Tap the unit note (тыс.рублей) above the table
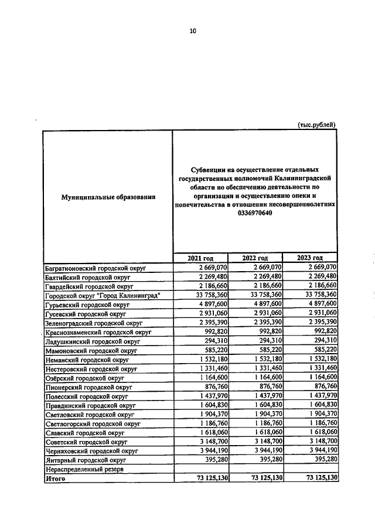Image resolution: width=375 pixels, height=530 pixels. (x=317, y=124)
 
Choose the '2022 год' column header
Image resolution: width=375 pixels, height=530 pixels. (x=255, y=258)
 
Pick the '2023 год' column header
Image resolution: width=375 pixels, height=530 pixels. (x=309, y=258)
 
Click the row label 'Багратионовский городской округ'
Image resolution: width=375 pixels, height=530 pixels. (x=96, y=268)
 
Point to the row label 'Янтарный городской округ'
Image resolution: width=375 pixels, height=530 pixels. (x=85, y=460)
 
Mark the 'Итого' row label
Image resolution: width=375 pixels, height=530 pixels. (x=56, y=478)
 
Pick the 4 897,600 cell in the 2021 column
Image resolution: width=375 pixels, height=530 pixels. (x=210, y=305)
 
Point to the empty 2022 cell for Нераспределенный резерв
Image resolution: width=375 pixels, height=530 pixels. (x=255, y=470)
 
